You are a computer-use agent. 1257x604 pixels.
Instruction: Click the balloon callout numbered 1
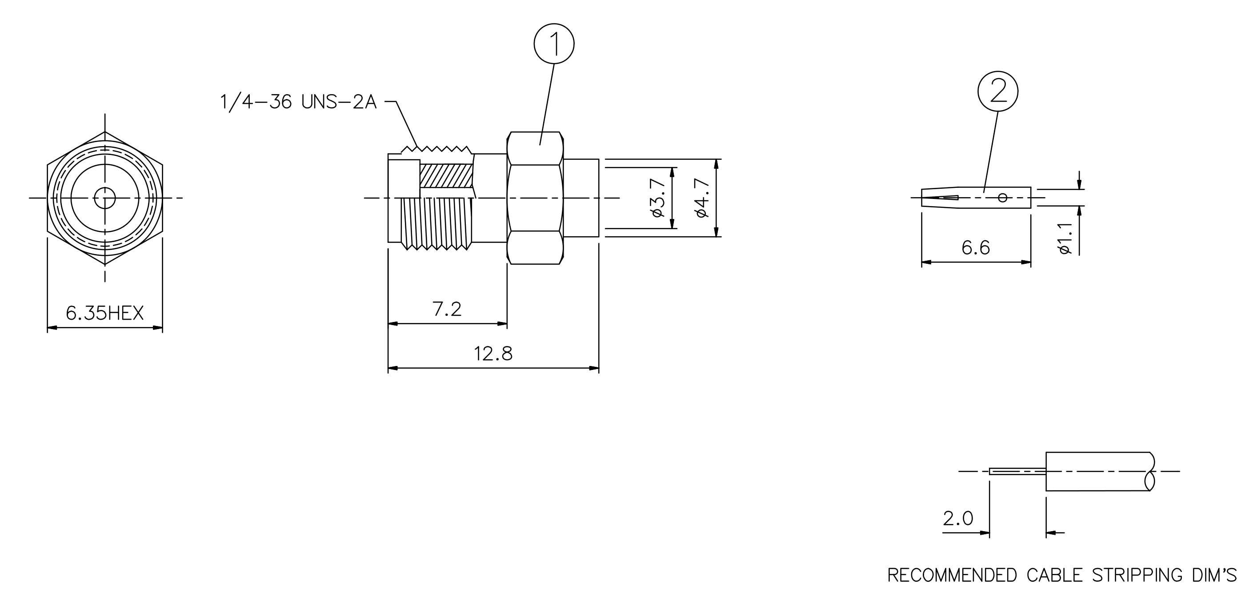click(x=554, y=44)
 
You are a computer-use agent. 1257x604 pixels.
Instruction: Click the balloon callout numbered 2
click(x=998, y=91)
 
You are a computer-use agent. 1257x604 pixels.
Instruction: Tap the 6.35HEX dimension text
click(x=104, y=313)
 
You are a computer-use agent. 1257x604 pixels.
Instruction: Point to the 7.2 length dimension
click(x=447, y=309)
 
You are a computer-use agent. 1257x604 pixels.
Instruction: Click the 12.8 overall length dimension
click(x=493, y=354)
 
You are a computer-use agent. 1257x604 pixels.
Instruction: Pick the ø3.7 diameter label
click(x=658, y=198)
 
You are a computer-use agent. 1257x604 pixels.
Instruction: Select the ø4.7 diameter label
click(x=702, y=198)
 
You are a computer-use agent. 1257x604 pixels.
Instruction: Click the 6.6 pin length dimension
click(x=976, y=248)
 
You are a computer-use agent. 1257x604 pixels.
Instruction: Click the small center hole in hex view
click(x=104, y=198)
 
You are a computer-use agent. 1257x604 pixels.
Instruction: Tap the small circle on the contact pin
click(x=1003, y=198)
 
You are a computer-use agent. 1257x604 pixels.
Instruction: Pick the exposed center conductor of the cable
click(x=1017, y=471)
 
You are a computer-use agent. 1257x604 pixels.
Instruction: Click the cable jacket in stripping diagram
click(x=1098, y=471)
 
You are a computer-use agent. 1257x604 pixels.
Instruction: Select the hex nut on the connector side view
click(x=535, y=198)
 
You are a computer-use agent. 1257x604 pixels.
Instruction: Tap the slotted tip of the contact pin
click(x=940, y=198)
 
